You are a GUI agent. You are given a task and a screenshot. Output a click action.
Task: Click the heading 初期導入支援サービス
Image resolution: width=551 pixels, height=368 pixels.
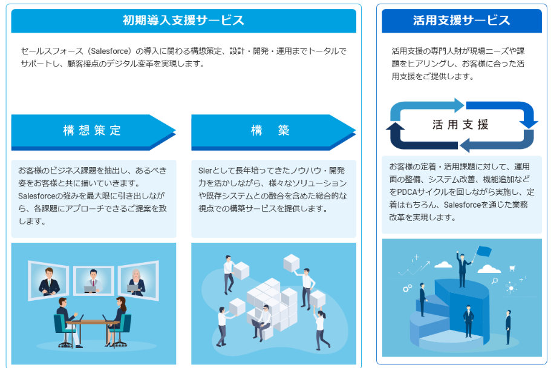[x=183, y=20]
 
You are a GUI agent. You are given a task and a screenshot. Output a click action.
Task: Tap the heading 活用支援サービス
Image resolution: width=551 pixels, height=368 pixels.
[x=461, y=20]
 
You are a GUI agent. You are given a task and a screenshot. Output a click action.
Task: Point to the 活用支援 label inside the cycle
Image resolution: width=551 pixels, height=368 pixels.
[x=460, y=125]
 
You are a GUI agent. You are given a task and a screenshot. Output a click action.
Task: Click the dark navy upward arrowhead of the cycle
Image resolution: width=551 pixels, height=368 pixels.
[x=396, y=127]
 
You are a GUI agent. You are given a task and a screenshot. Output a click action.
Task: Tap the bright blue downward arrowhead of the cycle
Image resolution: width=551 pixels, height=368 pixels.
[x=528, y=123]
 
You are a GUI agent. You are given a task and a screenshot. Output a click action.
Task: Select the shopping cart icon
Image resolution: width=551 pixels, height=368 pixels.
[x=512, y=269]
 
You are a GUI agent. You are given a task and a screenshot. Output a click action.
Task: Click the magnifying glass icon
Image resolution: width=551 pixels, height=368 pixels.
[x=495, y=281]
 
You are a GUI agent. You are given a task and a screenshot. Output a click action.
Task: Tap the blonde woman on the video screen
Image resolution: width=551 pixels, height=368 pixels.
[x=136, y=282]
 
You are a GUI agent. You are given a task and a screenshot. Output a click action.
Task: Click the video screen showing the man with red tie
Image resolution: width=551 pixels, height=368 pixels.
[x=94, y=280]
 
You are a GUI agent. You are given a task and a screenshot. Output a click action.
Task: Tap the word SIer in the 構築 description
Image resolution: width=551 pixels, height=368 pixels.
[x=205, y=171]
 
